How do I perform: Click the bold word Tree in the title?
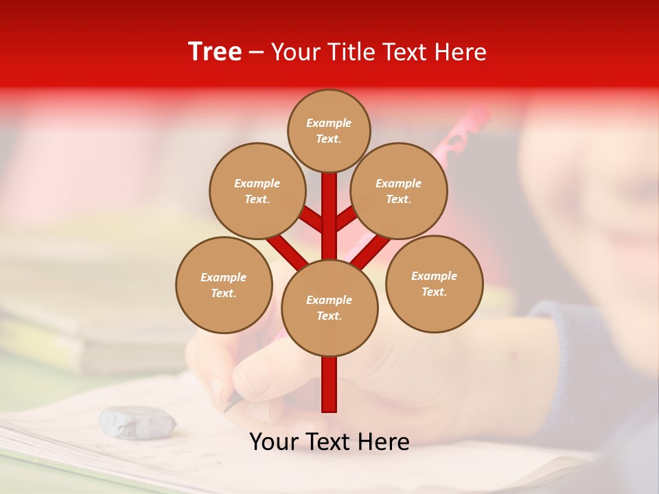[215, 51]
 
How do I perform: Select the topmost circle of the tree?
[329, 130]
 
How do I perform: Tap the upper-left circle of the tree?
[257, 191]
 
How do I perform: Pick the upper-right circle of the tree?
[399, 191]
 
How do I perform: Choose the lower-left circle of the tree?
[224, 285]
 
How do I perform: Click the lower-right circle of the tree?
[434, 283]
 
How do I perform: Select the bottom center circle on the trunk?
[329, 307]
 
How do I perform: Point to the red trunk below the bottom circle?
[329, 384]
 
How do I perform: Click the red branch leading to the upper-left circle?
[310, 220]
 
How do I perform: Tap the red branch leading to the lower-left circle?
[287, 250]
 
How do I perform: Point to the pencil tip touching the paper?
[228, 406]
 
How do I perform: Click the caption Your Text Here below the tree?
[329, 442]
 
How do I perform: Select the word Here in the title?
[460, 52]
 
